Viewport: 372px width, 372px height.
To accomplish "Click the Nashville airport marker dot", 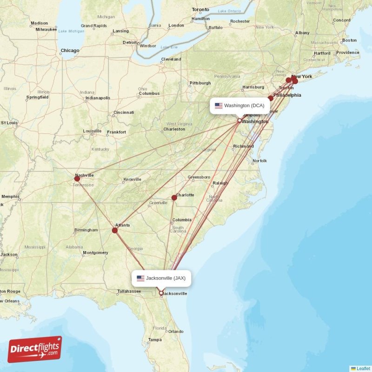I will (77, 178).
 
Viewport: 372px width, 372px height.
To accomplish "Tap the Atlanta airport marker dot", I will (115, 230).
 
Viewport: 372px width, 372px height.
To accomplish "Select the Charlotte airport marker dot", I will (174, 197).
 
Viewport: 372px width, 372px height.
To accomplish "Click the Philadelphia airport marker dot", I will (271, 98).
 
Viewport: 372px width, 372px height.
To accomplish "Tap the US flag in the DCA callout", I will (219, 106).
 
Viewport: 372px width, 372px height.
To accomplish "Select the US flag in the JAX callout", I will (140, 279).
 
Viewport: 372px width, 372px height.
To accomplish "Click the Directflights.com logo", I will (35, 349).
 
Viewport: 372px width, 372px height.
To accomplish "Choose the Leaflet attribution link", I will (363, 368).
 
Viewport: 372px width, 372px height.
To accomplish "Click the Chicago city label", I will (70, 51).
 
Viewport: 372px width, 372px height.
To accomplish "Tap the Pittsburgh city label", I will (200, 83).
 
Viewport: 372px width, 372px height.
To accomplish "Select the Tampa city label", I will (155, 340).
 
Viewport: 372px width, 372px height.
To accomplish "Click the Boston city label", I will (349, 40).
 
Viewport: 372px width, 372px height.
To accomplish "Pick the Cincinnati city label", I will (124, 113).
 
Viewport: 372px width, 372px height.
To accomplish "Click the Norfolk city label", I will (259, 161).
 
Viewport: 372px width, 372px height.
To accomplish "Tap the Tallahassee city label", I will (129, 291).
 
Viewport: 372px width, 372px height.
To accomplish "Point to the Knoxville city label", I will (132, 179).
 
